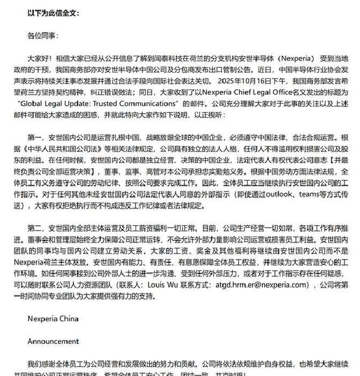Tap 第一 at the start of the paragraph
click(35, 137)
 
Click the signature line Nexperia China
click(54, 319)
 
